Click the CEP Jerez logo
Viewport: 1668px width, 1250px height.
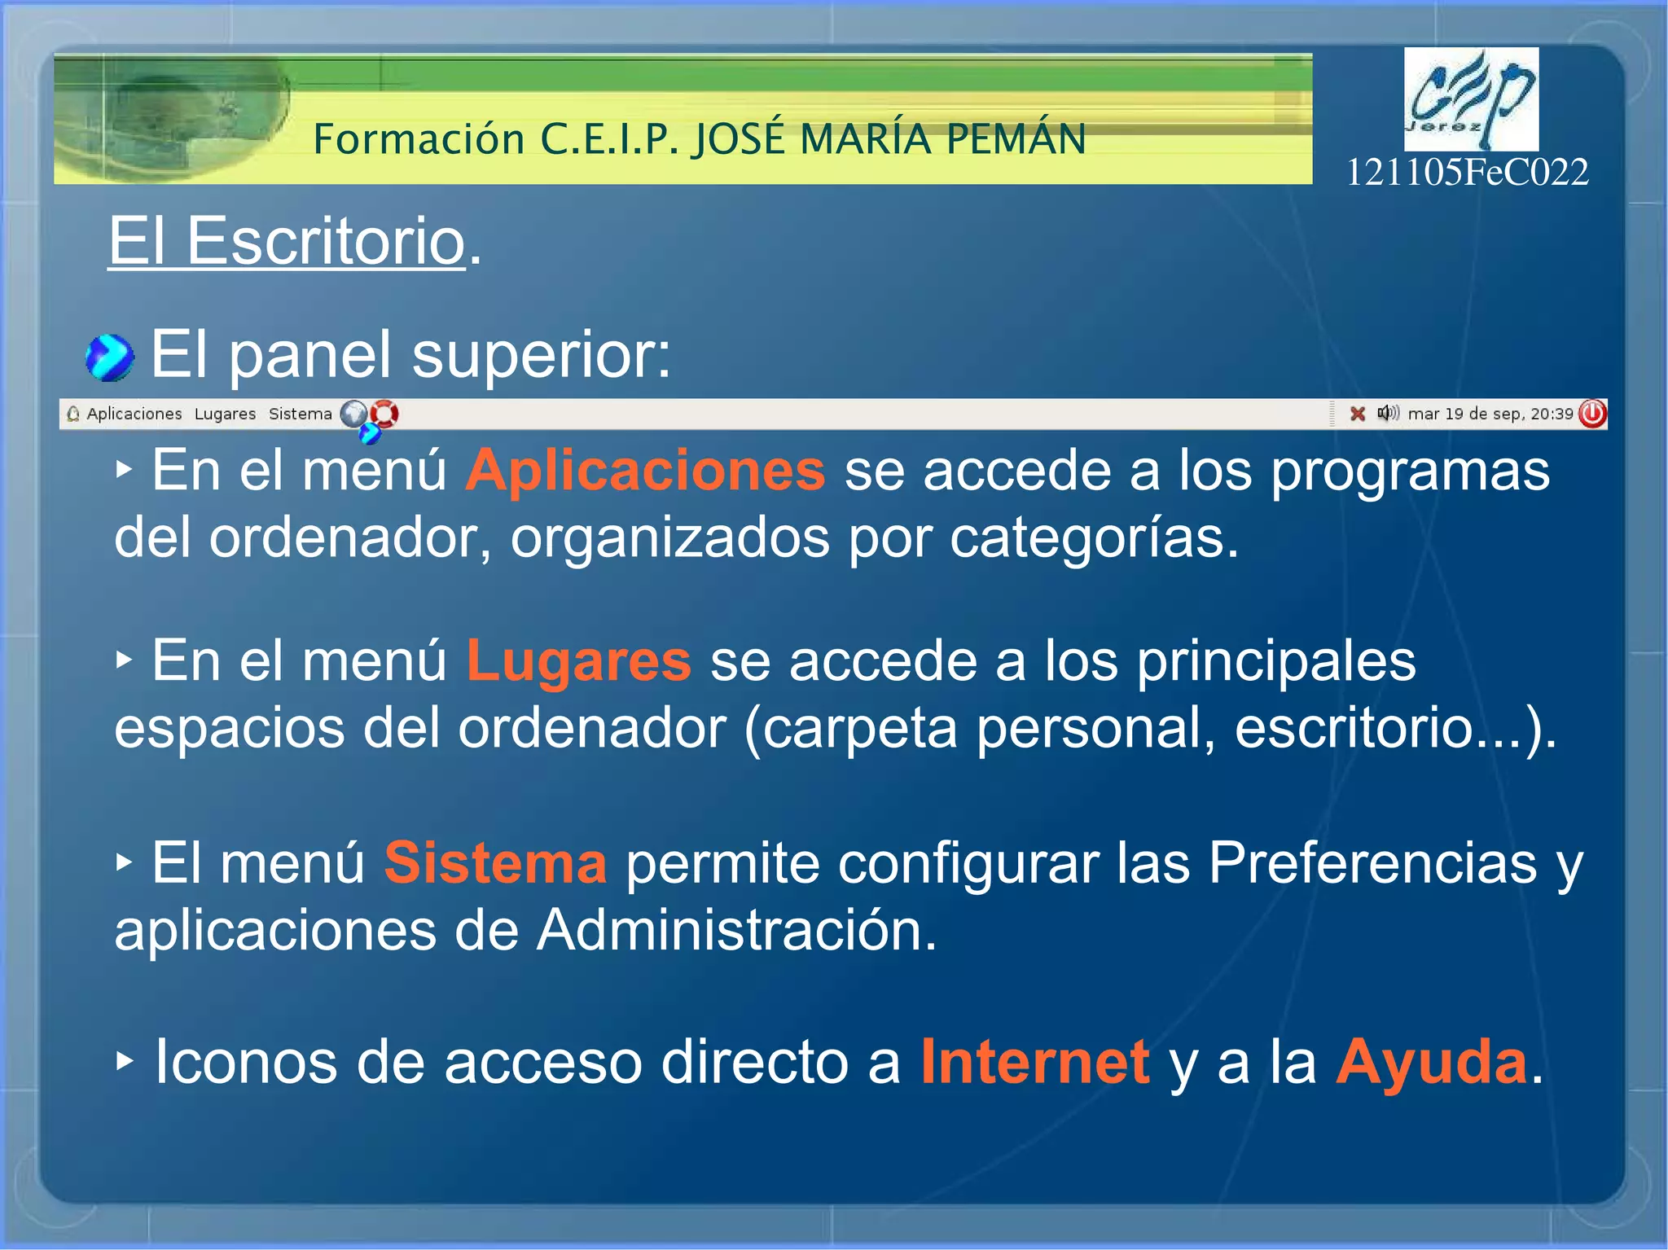click(1471, 99)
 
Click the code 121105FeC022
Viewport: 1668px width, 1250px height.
click(1467, 173)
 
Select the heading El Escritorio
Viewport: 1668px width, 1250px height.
click(287, 241)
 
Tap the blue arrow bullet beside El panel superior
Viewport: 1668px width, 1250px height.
click(109, 357)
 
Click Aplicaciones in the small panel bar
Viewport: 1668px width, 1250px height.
click(134, 414)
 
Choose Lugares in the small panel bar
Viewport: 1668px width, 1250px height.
click(225, 414)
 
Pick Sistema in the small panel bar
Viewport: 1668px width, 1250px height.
click(301, 414)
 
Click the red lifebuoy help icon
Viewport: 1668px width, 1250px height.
click(384, 414)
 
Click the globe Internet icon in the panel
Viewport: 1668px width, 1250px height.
click(353, 414)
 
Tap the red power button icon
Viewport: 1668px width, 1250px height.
click(1592, 414)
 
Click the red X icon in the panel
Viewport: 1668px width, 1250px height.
click(1358, 414)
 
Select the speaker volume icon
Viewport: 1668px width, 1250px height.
click(1388, 413)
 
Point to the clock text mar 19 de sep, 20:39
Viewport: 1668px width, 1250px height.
click(1490, 414)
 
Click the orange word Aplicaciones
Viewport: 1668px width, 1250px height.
click(645, 471)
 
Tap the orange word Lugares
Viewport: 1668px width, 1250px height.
click(578, 660)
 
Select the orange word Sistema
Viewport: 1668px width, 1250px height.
click(495, 862)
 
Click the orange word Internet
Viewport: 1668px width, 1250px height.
click(1035, 1062)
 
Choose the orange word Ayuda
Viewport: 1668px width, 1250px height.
click(1432, 1062)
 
